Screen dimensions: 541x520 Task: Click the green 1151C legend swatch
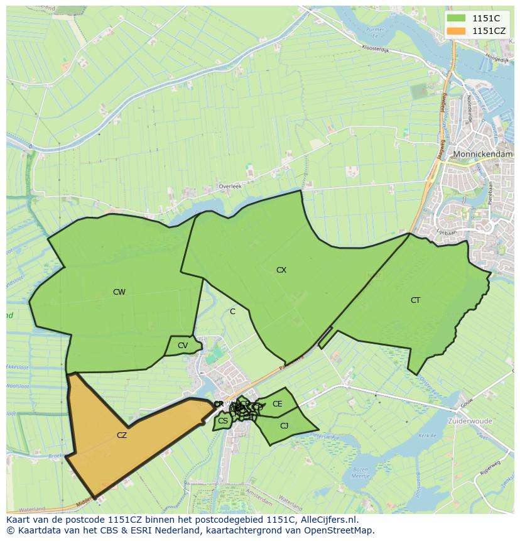point(457,18)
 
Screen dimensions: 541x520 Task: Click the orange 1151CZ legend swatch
point(457,31)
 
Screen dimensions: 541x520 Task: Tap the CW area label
point(119,292)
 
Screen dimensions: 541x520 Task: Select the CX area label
point(281,270)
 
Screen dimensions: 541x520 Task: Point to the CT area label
point(415,300)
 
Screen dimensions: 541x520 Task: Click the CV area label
point(183,346)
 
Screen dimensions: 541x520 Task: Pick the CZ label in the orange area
point(122,435)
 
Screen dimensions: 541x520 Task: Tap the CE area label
point(277,404)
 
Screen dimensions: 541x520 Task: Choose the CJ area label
point(284,426)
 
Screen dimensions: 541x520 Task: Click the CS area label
point(223,421)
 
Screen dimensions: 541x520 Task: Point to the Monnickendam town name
point(483,153)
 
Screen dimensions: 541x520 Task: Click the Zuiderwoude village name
point(470,420)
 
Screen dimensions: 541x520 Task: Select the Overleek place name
point(230,187)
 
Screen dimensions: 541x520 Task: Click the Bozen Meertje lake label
point(360,473)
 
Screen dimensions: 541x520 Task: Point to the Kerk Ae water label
point(428,435)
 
